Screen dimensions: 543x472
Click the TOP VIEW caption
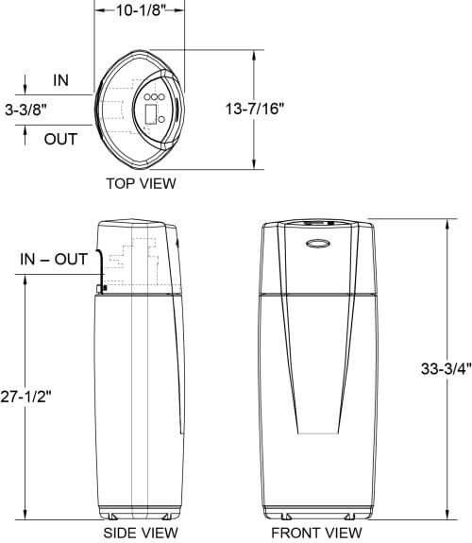[x=141, y=183]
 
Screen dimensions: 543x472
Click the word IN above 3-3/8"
[x=60, y=81]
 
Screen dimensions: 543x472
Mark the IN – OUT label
[x=58, y=258]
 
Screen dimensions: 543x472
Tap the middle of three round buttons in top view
[x=158, y=97]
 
